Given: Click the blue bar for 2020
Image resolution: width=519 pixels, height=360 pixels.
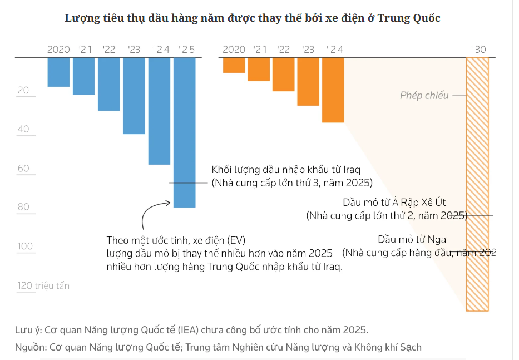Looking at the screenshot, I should click(x=58, y=72).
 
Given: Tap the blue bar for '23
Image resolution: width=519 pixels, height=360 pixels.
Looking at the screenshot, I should click(x=134, y=95).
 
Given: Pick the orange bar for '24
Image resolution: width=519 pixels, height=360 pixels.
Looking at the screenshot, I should click(x=333, y=90).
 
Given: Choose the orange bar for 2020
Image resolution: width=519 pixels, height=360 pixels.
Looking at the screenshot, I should click(x=234, y=65).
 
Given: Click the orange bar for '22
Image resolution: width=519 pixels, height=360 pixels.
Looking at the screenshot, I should click(x=283, y=74).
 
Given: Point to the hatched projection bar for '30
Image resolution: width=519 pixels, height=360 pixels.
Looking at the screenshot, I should click(x=477, y=184).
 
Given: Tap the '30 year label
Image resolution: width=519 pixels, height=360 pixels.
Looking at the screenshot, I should click(x=478, y=50).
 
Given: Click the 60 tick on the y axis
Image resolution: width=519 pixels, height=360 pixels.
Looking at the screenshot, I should click(x=23, y=169).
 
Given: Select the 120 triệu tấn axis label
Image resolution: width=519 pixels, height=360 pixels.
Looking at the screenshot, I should click(x=43, y=285).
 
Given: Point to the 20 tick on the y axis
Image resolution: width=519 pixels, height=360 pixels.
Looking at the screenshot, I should click(x=23, y=91).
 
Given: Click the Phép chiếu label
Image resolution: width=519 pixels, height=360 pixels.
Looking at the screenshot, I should click(x=424, y=96).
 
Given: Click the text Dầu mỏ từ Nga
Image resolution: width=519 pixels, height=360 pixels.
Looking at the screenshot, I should click(x=412, y=240).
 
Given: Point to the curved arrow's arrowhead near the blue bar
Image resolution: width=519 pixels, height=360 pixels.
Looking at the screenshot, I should click(x=168, y=203).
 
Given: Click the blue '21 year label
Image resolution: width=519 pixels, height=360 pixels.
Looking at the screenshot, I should click(x=85, y=50).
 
